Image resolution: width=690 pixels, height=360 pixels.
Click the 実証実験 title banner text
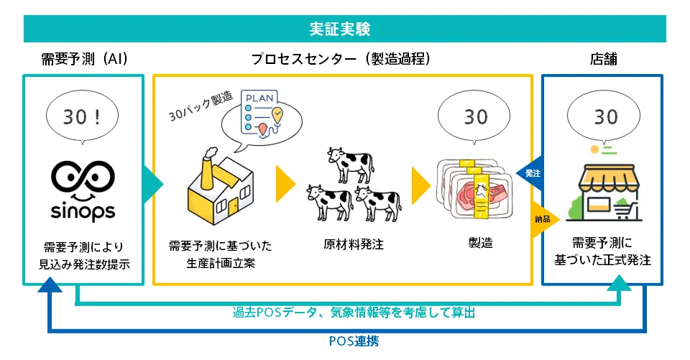tap(344, 29)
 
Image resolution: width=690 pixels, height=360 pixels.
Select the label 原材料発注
tap(353, 244)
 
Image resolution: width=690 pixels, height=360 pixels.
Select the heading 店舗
tap(602, 59)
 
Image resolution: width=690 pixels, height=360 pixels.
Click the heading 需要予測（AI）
tap(85, 59)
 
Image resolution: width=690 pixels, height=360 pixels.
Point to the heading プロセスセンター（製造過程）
tap(342, 59)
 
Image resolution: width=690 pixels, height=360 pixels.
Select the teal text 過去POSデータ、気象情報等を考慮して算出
tap(353, 313)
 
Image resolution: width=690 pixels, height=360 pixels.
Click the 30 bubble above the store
tap(602, 116)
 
